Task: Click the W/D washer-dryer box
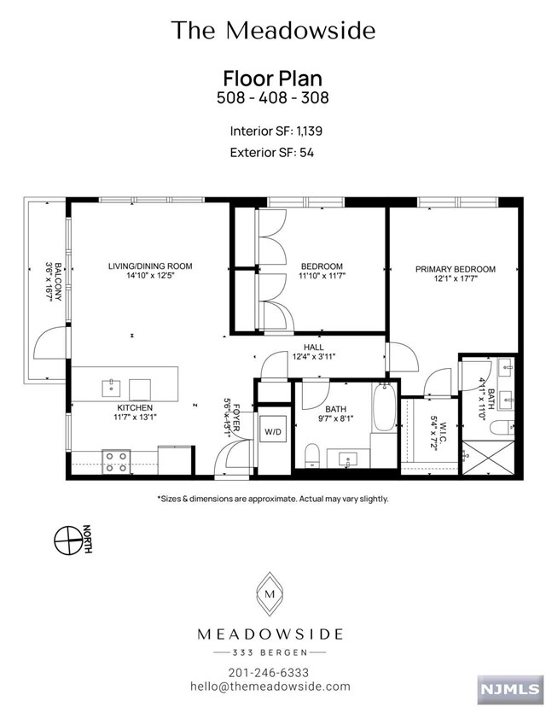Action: (x=272, y=431)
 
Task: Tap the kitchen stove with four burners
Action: (x=116, y=462)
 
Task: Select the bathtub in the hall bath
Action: (x=384, y=406)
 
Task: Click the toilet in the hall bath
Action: (x=311, y=455)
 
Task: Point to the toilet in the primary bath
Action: (x=502, y=427)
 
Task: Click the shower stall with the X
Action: (x=488, y=457)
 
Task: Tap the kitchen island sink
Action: (x=111, y=388)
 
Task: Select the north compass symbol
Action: (x=68, y=540)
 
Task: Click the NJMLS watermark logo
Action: (x=509, y=688)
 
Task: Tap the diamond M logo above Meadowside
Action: (x=270, y=593)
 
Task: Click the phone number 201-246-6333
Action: (x=269, y=673)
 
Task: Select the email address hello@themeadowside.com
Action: (x=270, y=687)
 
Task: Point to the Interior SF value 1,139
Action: (x=309, y=131)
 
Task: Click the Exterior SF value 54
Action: (x=306, y=152)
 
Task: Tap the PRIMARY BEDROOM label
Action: (x=455, y=269)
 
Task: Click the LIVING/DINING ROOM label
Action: (x=150, y=266)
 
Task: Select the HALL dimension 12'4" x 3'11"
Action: (x=314, y=356)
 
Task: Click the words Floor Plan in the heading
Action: (x=273, y=79)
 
